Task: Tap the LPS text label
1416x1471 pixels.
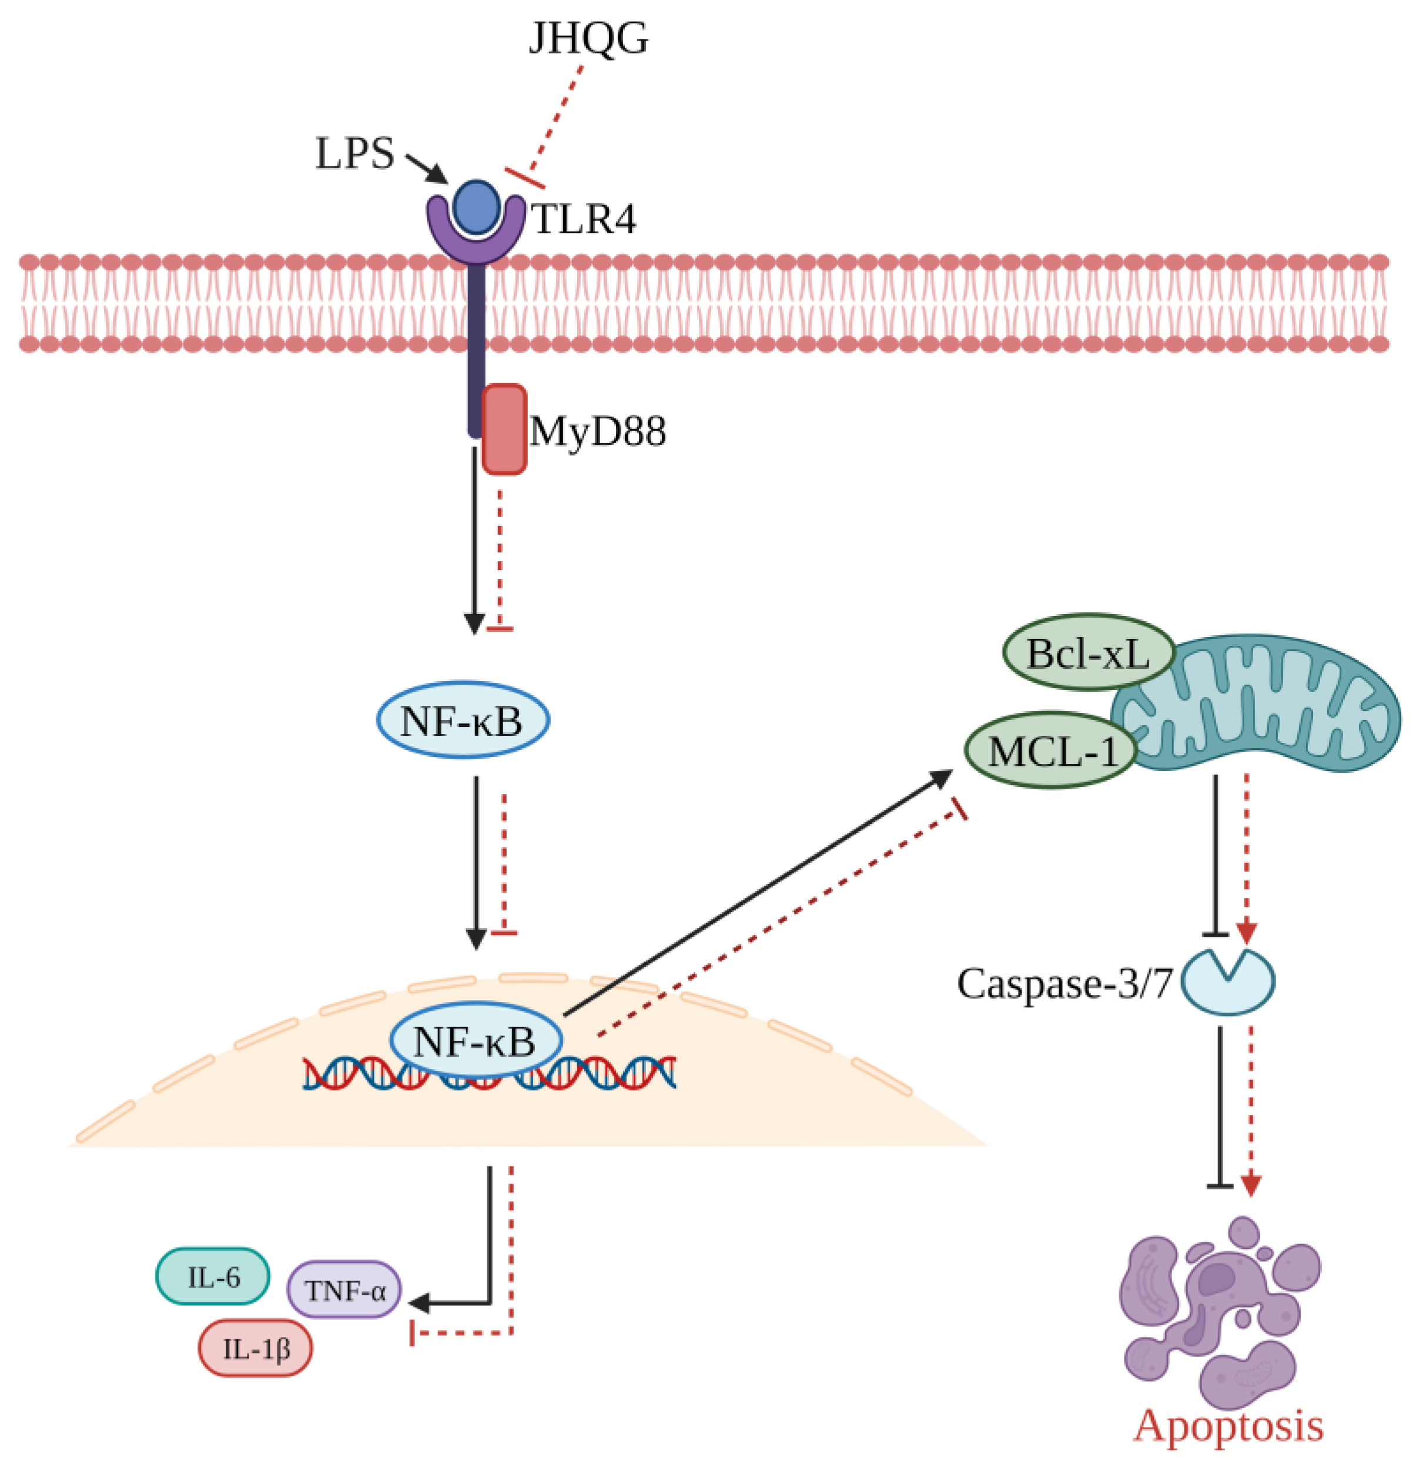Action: click(354, 154)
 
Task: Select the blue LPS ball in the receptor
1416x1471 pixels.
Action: click(476, 206)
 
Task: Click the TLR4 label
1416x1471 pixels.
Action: click(583, 220)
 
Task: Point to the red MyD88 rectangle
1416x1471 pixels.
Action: click(503, 429)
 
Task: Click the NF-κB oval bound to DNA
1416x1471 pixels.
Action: click(476, 1040)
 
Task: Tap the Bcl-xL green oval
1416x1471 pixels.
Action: click(1088, 653)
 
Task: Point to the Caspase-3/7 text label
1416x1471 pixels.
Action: click(1064, 983)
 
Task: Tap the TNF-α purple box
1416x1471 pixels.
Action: click(344, 1289)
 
